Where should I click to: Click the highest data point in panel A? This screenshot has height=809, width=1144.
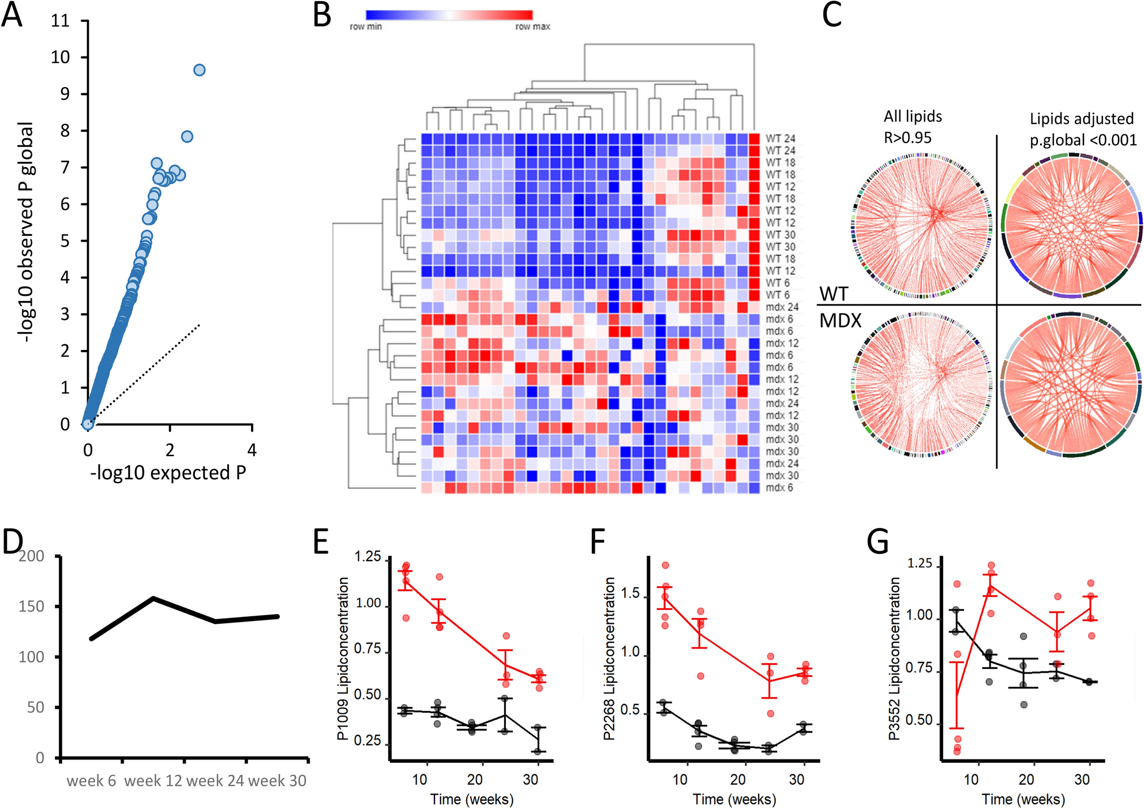tap(199, 70)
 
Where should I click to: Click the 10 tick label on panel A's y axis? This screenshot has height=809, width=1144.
tap(60, 57)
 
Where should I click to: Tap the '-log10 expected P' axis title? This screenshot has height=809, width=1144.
tap(168, 473)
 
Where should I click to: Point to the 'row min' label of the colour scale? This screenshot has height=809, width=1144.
tap(366, 27)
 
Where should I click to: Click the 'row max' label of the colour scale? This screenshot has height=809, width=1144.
tap(532, 27)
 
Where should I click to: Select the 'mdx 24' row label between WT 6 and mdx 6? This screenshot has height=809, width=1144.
tap(782, 307)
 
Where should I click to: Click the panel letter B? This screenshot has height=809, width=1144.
tap(322, 16)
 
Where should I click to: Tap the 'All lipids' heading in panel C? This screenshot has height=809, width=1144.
tap(913, 116)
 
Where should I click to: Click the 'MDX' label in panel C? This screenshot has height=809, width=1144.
tap(841, 321)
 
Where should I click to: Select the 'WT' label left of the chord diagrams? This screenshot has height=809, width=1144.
tap(834, 294)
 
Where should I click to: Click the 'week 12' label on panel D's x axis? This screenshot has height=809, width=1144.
tap(153, 781)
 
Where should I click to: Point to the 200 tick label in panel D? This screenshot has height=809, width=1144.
tap(31, 556)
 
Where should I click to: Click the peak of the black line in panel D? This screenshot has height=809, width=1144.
tap(153, 598)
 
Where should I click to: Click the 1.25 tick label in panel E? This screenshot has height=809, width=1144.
tap(367, 557)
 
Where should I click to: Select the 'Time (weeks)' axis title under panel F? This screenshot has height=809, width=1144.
tap(734, 799)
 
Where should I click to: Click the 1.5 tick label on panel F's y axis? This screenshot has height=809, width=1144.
tap(631, 593)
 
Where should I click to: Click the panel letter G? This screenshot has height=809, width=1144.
tap(877, 543)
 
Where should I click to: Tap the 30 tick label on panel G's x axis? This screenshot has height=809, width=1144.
tap(1082, 780)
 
